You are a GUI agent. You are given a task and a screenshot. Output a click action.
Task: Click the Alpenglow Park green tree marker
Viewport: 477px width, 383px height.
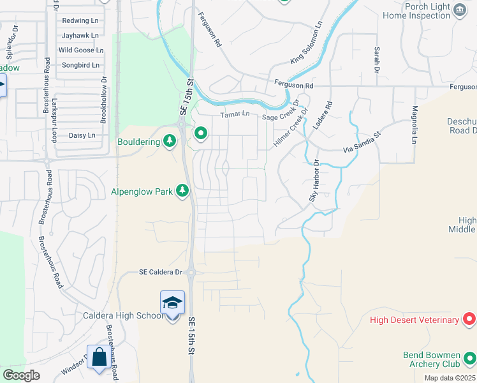tap(182, 190)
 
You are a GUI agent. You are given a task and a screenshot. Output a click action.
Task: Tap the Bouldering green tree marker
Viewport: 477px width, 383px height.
tap(170, 140)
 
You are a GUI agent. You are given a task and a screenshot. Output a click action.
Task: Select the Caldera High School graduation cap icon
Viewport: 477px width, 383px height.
tap(172, 303)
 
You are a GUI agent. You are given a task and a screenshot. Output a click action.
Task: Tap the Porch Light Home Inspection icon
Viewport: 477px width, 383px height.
tap(459, 8)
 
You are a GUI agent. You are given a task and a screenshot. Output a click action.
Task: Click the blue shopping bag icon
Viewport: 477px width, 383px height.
tap(99, 357)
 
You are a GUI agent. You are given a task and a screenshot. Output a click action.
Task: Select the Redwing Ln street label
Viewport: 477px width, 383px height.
tap(80, 20)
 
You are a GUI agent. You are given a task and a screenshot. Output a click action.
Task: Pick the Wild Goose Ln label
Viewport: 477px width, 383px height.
tap(80, 50)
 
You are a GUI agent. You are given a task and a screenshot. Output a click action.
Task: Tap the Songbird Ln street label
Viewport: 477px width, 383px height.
tap(80, 65)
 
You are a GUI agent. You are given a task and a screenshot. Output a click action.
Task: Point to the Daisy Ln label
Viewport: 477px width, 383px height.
tap(81, 135)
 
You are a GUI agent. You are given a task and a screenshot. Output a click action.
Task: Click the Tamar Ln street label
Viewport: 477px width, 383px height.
tap(235, 114)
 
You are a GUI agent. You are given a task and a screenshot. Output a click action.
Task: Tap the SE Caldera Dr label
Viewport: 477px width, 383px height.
tap(161, 272)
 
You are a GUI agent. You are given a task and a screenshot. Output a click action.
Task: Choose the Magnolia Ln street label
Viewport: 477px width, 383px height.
tap(415, 124)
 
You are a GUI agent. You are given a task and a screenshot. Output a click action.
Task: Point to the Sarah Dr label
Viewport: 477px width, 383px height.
tap(377, 58)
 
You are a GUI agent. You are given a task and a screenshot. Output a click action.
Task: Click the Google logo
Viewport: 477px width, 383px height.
tap(22, 375)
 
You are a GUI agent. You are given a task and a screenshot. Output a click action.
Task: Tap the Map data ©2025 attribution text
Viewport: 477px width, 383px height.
tap(450, 378)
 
